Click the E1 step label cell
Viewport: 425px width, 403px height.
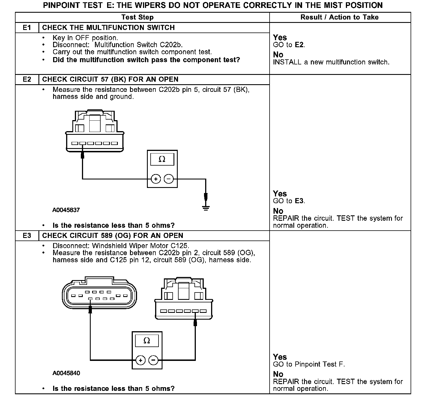[x=27, y=28]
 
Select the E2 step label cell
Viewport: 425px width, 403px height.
[x=27, y=79]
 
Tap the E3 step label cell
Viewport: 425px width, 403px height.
[x=27, y=236]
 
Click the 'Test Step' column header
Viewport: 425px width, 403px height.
[x=137, y=17]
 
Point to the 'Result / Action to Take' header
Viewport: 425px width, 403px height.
[x=339, y=17]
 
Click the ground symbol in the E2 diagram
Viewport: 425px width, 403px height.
[x=206, y=209]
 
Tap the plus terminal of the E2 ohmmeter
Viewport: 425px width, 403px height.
[x=156, y=179]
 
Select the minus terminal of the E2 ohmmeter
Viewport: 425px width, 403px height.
[x=169, y=179]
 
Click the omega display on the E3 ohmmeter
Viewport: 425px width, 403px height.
[x=147, y=341]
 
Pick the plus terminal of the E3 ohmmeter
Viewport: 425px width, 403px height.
[x=140, y=360]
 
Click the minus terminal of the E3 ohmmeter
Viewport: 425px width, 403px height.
[x=153, y=360]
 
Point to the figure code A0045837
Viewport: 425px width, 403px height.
[x=66, y=210]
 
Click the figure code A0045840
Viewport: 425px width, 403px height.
[x=66, y=373]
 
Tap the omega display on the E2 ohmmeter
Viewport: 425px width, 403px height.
[x=162, y=159]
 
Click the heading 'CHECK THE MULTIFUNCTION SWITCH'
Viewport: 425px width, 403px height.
[x=108, y=28]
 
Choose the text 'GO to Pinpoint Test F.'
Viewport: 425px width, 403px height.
[x=309, y=364]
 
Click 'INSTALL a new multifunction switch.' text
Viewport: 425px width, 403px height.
[x=331, y=62]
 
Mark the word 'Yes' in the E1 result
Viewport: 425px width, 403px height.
[x=280, y=38]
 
